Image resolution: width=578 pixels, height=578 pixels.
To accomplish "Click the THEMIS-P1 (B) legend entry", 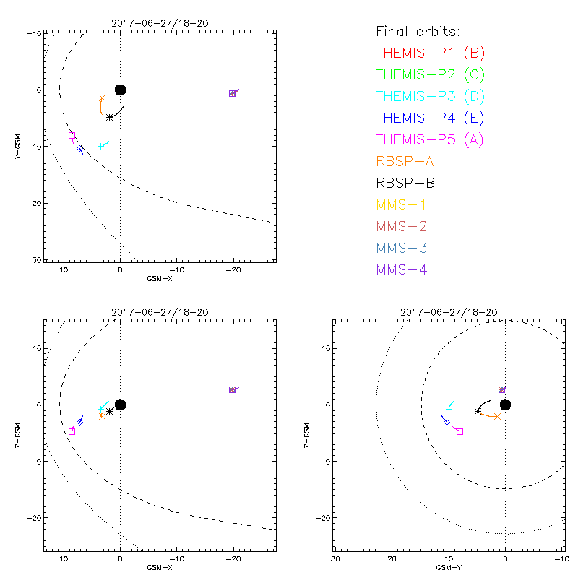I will pyautogui.click(x=431, y=53).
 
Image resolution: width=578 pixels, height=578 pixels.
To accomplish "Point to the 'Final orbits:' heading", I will pyautogui.click(x=418, y=31).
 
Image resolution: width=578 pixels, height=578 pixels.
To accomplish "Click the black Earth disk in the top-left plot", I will pyautogui.click(x=120, y=90).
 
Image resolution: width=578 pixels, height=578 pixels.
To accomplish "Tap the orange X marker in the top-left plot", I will pyautogui.click(x=102, y=98).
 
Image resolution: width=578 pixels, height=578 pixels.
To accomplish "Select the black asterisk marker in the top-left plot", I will pyautogui.click(x=109, y=117).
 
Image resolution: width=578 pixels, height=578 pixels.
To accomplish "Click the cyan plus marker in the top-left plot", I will pyautogui.click(x=100, y=146).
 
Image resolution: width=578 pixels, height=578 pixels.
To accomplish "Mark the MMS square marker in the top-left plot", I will pyautogui.click(x=232, y=93).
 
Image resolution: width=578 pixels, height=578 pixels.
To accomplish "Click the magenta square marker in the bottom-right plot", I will pyautogui.click(x=460, y=431).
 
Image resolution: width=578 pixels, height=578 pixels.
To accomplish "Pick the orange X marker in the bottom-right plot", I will pyautogui.click(x=497, y=416).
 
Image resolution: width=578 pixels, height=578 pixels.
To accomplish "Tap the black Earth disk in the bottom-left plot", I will pyautogui.click(x=120, y=405).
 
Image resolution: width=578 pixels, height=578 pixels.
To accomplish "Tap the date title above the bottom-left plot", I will pyautogui.click(x=160, y=311).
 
